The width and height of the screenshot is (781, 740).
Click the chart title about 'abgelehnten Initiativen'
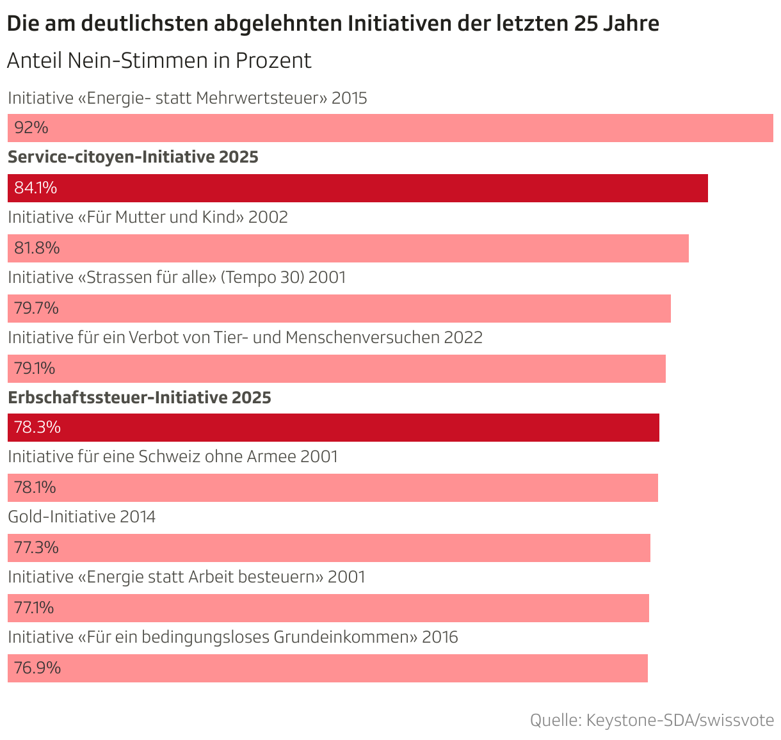[x=333, y=24]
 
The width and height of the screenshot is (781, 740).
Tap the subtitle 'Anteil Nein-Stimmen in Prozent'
[x=159, y=60]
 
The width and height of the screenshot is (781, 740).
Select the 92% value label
[x=31, y=128]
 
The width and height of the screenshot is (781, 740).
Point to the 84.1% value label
[x=36, y=188]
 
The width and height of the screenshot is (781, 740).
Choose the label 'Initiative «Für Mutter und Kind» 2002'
[x=148, y=218]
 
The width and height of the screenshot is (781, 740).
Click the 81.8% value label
[x=37, y=248]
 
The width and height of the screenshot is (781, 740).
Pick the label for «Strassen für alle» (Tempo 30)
[x=177, y=278]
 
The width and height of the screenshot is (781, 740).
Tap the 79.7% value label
[x=36, y=309]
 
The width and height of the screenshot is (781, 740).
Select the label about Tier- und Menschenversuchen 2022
[x=245, y=337]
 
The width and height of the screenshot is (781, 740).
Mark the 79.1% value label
[x=35, y=369]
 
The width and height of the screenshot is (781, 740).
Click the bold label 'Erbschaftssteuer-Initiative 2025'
[x=140, y=398]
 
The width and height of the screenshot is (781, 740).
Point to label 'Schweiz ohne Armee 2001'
[x=173, y=457]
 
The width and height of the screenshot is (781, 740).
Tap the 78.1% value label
[x=35, y=488]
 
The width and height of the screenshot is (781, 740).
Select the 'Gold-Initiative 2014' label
[x=82, y=517]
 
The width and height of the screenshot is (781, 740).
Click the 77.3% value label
[x=36, y=548]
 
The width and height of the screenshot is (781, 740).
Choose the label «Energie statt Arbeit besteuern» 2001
[x=186, y=577]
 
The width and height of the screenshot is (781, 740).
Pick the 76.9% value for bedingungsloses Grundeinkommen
[x=38, y=668]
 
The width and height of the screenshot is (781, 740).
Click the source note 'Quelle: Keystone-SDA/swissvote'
[x=652, y=720]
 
